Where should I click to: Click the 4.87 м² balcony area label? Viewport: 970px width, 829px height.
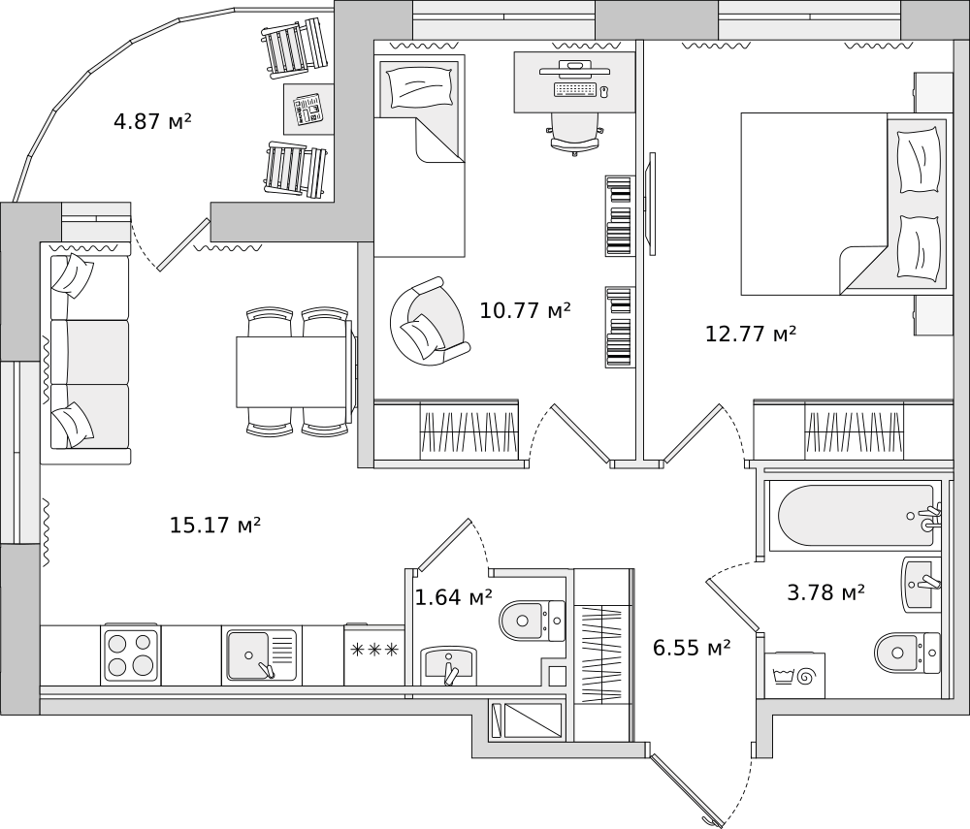(x=152, y=121)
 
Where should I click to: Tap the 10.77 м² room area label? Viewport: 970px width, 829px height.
(x=525, y=309)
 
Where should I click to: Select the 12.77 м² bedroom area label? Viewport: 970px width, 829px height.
(x=751, y=334)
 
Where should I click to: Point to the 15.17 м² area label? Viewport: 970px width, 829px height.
(x=215, y=525)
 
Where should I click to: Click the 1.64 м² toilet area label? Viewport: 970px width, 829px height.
(x=453, y=597)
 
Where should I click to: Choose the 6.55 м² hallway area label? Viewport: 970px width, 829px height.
(x=692, y=648)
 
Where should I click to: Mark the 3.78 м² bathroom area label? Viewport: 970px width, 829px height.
(x=825, y=592)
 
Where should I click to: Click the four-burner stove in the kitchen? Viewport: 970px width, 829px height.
(x=130, y=654)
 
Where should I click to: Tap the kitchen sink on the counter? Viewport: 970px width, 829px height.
(x=259, y=654)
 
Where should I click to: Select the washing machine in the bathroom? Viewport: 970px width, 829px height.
(x=794, y=675)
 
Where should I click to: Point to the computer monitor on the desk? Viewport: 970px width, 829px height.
(x=573, y=69)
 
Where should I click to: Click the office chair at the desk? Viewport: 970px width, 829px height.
(x=575, y=134)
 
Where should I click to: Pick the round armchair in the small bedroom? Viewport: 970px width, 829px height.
(x=428, y=320)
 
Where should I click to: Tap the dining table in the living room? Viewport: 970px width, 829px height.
(x=295, y=372)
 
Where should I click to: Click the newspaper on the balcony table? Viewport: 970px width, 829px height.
(x=308, y=109)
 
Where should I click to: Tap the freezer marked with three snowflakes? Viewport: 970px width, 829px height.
(x=374, y=654)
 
